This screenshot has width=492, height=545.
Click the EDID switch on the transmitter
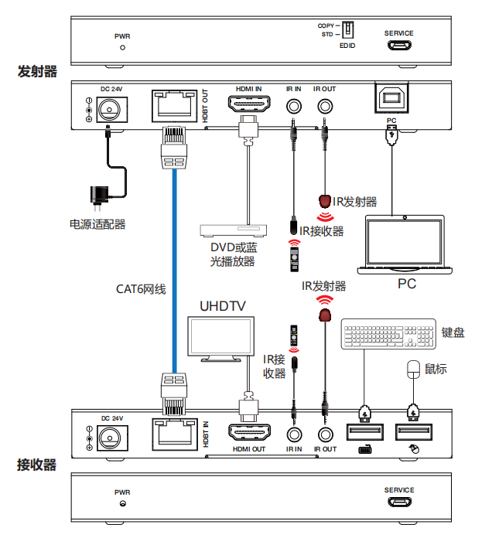click(x=349, y=30)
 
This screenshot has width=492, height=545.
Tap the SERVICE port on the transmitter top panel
click(x=399, y=46)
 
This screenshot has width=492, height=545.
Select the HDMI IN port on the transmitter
click(x=248, y=104)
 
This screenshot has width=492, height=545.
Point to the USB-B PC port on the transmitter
click(x=391, y=98)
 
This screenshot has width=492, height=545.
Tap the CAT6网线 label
click(x=142, y=289)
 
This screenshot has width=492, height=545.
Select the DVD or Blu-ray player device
click(x=233, y=230)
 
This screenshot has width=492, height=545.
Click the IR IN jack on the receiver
click(x=294, y=435)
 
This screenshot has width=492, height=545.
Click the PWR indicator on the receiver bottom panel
click(x=123, y=504)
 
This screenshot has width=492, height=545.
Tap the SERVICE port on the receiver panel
click(x=399, y=502)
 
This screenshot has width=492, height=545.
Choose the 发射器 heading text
click(x=36, y=72)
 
